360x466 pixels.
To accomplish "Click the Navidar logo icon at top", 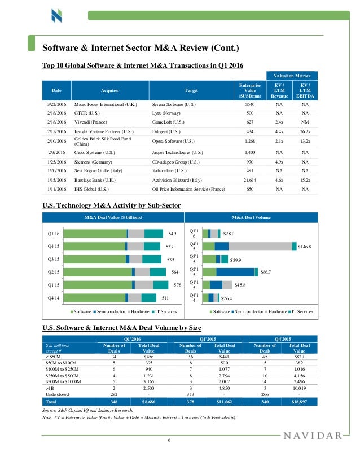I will click(56, 15).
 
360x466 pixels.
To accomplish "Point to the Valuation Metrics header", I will click(292, 75).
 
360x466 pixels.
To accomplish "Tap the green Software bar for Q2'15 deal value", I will click(101, 272).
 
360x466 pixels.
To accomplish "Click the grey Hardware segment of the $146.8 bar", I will click(260, 246).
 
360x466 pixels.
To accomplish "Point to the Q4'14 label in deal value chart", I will click(55, 298).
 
